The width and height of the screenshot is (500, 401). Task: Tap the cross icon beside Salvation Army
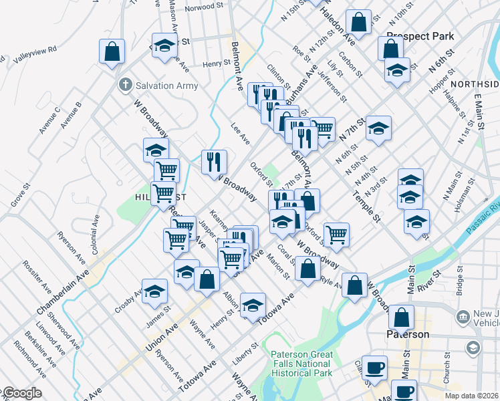124,85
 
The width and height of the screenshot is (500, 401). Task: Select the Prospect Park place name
420,36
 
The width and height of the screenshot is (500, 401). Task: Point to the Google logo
21,394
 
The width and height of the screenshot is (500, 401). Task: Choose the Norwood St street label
204,7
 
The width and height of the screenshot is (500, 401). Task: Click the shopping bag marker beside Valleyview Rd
112,51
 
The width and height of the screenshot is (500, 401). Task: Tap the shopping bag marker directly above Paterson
401,317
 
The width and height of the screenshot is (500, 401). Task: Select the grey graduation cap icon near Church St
473,348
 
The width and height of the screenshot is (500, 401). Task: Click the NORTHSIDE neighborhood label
474,84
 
